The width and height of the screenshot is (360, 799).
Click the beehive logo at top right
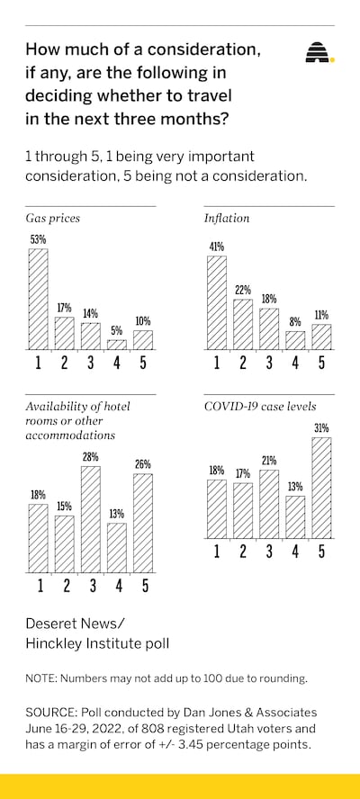click(x=319, y=52)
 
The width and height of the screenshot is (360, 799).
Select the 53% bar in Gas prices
click(x=38, y=299)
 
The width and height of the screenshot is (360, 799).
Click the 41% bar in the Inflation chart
click(x=217, y=302)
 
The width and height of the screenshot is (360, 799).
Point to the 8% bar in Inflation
click(x=295, y=340)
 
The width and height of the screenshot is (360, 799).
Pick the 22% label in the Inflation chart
click(x=243, y=291)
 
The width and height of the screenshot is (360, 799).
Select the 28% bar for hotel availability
click(x=91, y=519)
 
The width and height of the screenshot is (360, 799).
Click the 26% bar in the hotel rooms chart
click(x=143, y=523)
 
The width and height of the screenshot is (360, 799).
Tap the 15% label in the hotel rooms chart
click(x=64, y=507)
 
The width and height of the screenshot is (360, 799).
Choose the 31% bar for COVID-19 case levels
click(x=322, y=488)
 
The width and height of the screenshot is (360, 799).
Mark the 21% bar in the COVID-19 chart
click(x=269, y=504)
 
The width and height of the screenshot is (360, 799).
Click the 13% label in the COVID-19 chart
click(x=295, y=487)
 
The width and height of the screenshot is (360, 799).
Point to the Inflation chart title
click(x=227, y=219)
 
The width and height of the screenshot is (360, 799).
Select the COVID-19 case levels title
click(x=260, y=407)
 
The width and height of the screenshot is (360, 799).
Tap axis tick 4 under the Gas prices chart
click(x=117, y=363)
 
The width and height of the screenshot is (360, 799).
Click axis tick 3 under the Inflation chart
click(x=269, y=363)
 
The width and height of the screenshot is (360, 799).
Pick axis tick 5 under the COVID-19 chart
click(x=322, y=552)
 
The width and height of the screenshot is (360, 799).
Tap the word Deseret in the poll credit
click(x=50, y=624)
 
